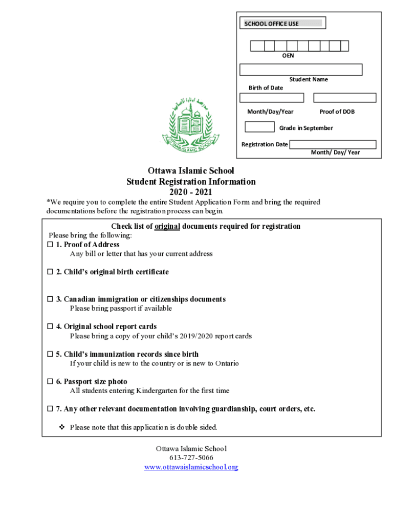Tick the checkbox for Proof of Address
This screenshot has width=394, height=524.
click(x=50, y=245)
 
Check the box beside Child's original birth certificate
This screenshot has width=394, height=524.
click(x=50, y=272)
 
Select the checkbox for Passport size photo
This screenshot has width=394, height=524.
click(x=50, y=382)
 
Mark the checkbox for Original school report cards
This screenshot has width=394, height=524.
click(x=50, y=326)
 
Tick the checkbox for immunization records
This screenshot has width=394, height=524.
click(x=50, y=354)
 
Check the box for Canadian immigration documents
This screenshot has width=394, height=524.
click(x=50, y=299)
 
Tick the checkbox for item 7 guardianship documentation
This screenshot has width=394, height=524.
click(x=50, y=409)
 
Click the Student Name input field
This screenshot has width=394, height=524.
click(x=301, y=70)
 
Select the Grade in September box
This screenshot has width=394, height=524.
click(x=259, y=127)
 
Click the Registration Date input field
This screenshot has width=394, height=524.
click(x=333, y=144)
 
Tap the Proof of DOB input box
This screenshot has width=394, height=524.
click(x=344, y=98)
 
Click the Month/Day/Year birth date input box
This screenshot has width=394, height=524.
click(x=271, y=98)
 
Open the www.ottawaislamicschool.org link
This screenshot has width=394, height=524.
click(x=191, y=467)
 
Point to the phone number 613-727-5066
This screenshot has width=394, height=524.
click(x=191, y=458)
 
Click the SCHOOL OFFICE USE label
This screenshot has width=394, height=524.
click(x=272, y=24)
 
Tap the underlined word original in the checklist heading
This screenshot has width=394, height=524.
click(x=167, y=226)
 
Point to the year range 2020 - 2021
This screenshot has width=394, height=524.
click(x=191, y=192)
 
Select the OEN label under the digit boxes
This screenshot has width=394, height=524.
click(x=288, y=55)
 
